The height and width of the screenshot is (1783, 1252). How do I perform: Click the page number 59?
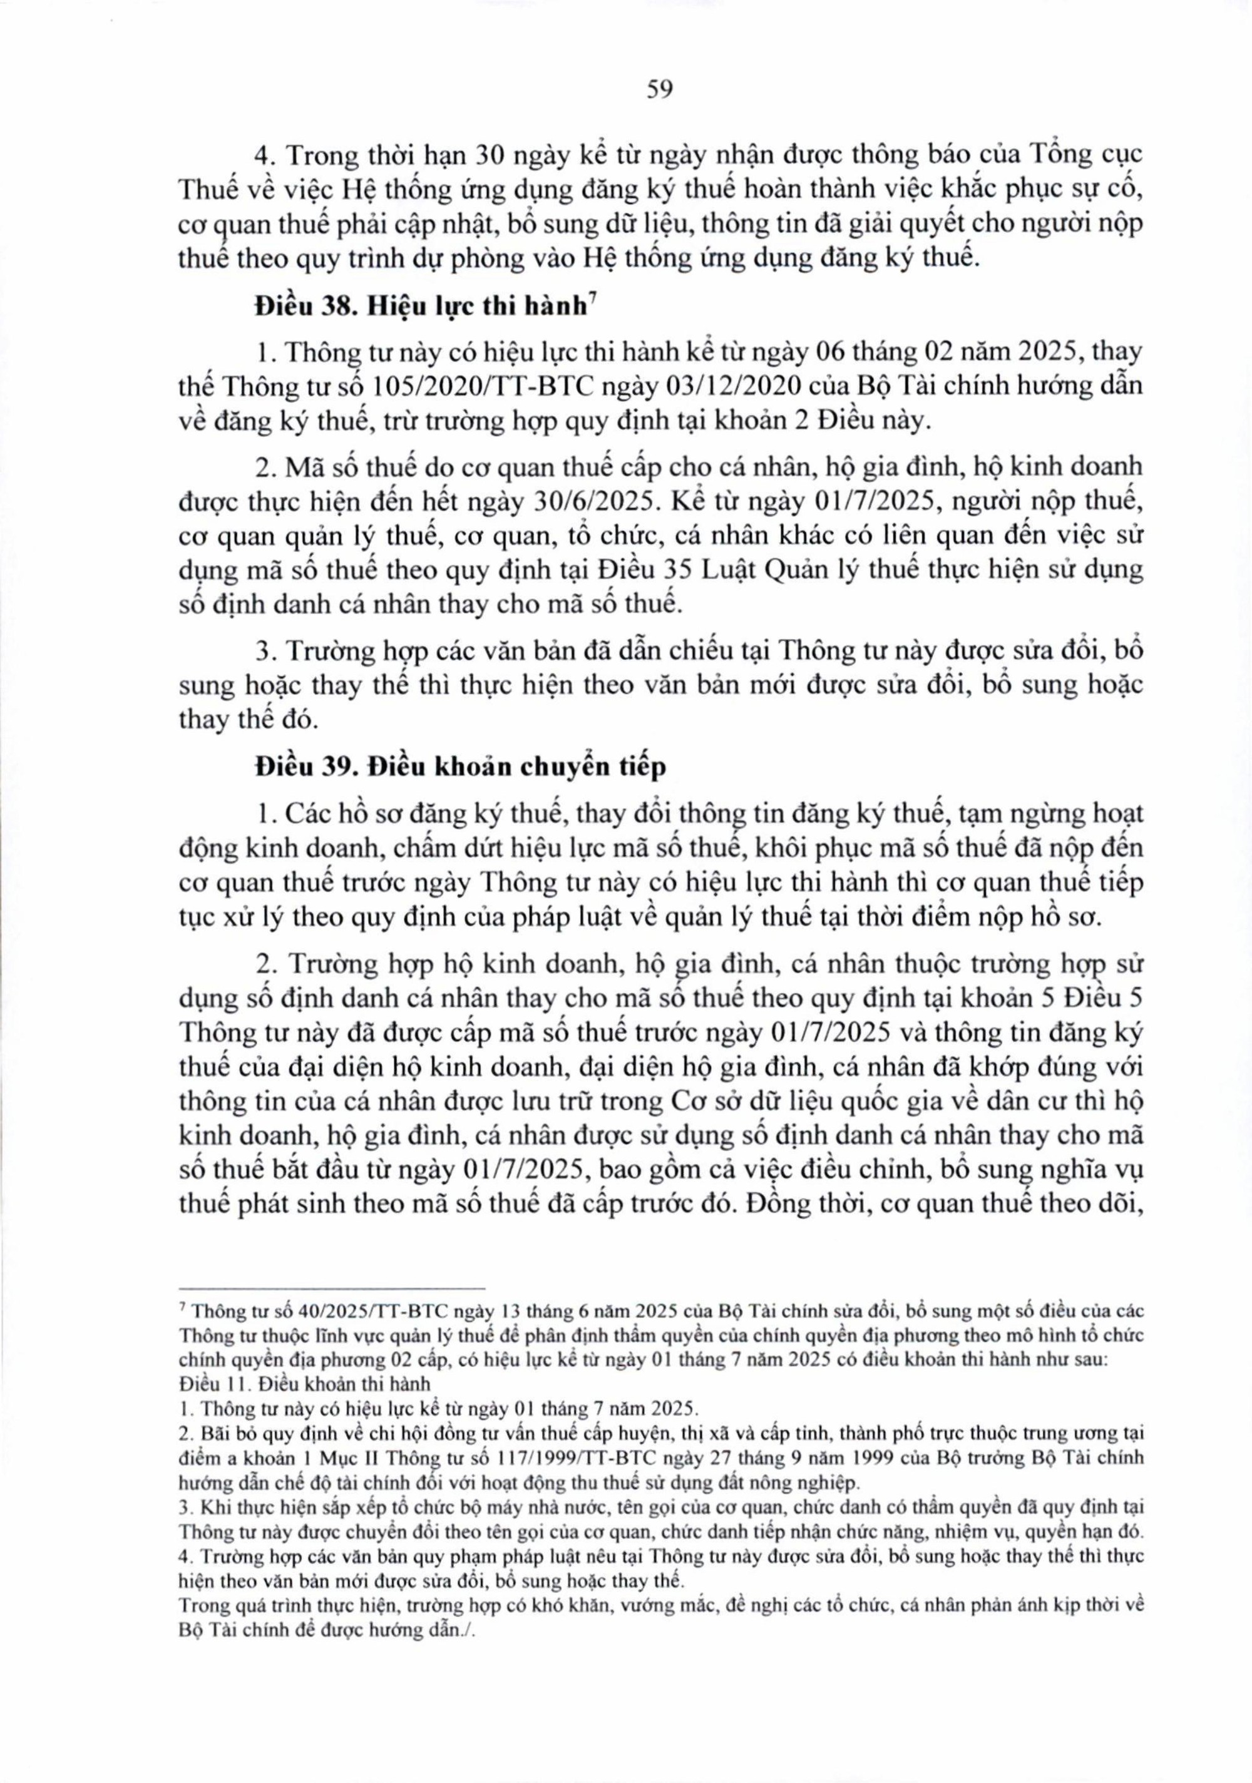point(659,90)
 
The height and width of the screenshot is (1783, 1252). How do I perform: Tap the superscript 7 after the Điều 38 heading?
point(592,300)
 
